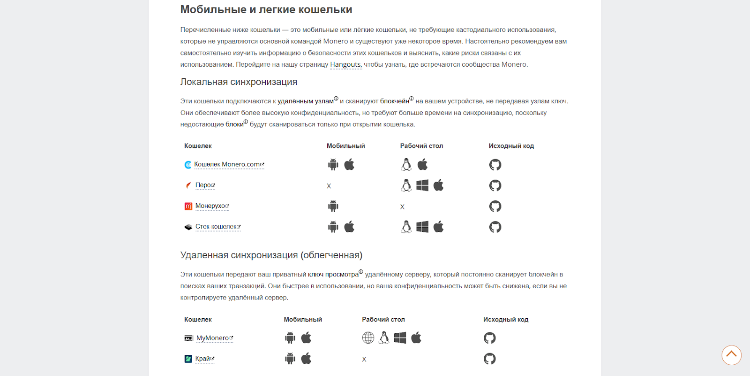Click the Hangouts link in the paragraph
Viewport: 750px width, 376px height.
pyautogui.click(x=345, y=65)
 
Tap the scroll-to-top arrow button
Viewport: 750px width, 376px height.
pyautogui.click(x=731, y=355)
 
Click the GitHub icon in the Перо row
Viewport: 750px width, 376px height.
pyautogui.click(x=495, y=185)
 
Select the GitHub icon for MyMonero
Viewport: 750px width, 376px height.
pyautogui.click(x=489, y=338)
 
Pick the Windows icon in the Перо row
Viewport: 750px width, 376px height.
pyautogui.click(x=422, y=185)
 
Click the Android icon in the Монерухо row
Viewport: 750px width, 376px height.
pyautogui.click(x=333, y=206)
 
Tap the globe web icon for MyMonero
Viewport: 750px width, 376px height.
pyautogui.click(x=368, y=338)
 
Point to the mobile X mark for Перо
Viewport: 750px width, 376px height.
pyautogui.click(x=329, y=186)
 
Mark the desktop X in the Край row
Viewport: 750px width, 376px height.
pyautogui.click(x=364, y=360)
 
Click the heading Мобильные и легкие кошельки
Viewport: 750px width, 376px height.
pyautogui.click(x=266, y=10)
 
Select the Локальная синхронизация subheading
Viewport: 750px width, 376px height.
pyautogui.click(x=239, y=82)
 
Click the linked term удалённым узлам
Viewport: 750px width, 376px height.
pyautogui.click(x=306, y=101)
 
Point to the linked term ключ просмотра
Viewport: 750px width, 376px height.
pyautogui.click(x=333, y=275)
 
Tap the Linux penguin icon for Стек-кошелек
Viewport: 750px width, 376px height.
pyautogui.click(x=406, y=227)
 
